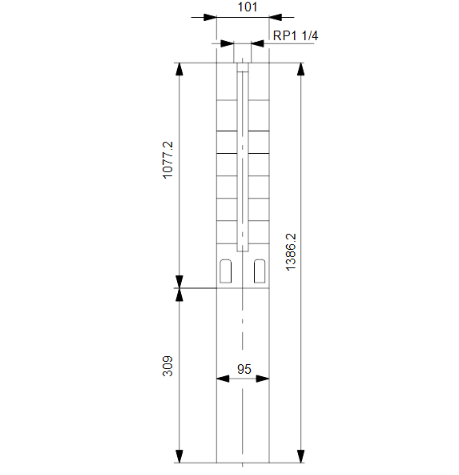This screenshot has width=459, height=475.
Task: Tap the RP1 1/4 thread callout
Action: click(x=296, y=36)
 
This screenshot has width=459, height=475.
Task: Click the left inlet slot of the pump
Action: click(x=227, y=269)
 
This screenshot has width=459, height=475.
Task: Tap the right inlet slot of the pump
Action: click(x=260, y=269)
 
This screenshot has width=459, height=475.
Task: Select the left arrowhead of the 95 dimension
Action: click(x=222, y=380)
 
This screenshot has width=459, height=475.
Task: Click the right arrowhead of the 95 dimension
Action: click(x=264, y=380)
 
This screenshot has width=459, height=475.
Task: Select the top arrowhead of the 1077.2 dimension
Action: click(x=180, y=70)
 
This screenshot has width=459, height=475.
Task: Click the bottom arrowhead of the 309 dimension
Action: click(x=180, y=458)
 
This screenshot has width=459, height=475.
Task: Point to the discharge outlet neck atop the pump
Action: click(x=244, y=54)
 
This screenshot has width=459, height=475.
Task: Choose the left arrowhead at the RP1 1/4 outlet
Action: click(x=228, y=44)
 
